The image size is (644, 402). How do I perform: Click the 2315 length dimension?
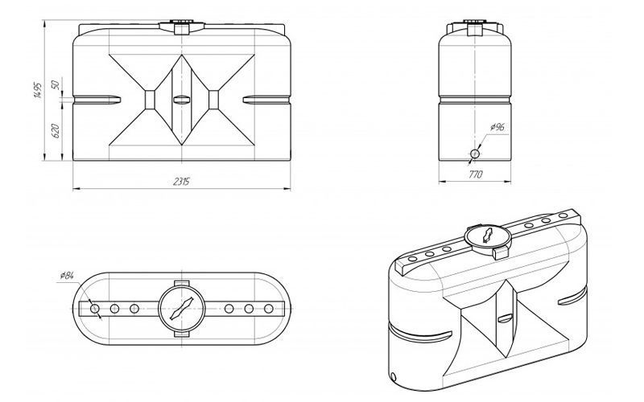(x=181, y=182)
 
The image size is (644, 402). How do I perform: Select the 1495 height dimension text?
(x=37, y=90)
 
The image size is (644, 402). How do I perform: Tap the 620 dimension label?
(x=56, y=130)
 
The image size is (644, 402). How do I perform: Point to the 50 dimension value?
(x=56, y=85)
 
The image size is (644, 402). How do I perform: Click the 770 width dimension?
(x=475, y=174)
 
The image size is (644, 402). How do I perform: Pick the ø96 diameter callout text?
(x=497, y=127)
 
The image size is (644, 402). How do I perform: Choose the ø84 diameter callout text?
(x=67, y=275)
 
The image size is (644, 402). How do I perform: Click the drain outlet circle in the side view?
(x=475, y=154)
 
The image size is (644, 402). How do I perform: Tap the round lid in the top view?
(x=182, y=309)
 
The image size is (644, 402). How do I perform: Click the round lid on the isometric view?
(x=488, y=236)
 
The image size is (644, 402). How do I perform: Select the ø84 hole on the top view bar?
(x=95, y=309)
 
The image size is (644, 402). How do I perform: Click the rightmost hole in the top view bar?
(x=269, y=309)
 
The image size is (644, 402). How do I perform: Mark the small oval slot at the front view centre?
(x=182, y=99)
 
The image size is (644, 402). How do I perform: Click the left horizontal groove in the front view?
(x=97, y=100)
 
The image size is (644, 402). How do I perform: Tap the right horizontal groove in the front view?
(x=266, y=100)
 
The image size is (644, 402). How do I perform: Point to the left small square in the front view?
(x=150, y=100)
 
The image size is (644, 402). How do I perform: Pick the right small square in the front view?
(x=213, y=100)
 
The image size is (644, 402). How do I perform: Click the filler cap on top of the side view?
(x=475, y=27)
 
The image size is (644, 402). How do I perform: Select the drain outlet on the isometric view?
(x=394, y=376)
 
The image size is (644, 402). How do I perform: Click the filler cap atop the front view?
(x=182, y=27)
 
